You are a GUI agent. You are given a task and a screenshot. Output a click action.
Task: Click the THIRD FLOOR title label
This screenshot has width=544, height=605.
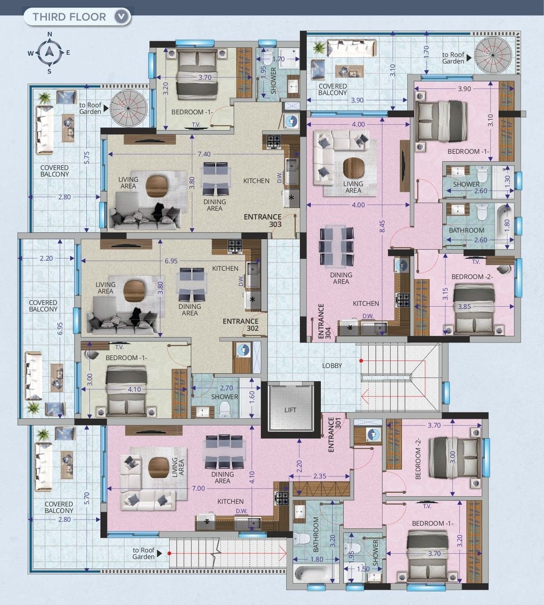pyautogui.click(x=69, y=17)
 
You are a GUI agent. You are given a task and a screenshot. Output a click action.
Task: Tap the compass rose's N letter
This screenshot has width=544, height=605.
pyautogui.click(x=50, y=34)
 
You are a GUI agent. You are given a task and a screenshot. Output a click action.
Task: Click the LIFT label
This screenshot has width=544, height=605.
pyautogui.click(x=290, y=410)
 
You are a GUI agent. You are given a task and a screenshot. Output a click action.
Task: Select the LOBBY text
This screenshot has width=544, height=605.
pyautogui.click(x=332, y=365)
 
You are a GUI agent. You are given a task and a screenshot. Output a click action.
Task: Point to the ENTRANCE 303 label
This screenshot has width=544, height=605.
pyautogui.click(x=263, y=220)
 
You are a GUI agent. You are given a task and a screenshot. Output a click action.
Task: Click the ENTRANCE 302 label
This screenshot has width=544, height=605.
pyautogui.click(x=241, y=325)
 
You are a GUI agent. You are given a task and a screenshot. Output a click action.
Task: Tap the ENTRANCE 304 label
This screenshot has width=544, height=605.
pyautogui.click(x=324, y=321)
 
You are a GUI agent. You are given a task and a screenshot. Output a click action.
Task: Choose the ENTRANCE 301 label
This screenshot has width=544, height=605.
pyautogui.click(x=334, y=434)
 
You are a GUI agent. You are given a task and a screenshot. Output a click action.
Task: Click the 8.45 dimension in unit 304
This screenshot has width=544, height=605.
pyautogui.click(x=382, y=226)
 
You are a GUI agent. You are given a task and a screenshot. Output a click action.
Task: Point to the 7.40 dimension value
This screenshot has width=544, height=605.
pyautogui.click(x=204, y=154)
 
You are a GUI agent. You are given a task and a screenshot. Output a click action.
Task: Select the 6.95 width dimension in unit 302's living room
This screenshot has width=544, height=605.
pyautogui.click(x=171, y=261)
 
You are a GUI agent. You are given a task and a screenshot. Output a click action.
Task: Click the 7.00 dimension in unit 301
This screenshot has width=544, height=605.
pyautogui.click(x=199, y=488)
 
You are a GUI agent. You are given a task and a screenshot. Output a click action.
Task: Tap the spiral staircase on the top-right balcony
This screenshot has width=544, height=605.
pyautogui.click(x=493, y=55)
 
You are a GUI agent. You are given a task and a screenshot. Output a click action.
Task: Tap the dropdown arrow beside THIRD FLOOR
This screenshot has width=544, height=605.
pyautogui.click(x=121, y=17)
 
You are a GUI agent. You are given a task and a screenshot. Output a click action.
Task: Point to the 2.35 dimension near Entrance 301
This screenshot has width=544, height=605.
pyautogui.click(x=320, y=476)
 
